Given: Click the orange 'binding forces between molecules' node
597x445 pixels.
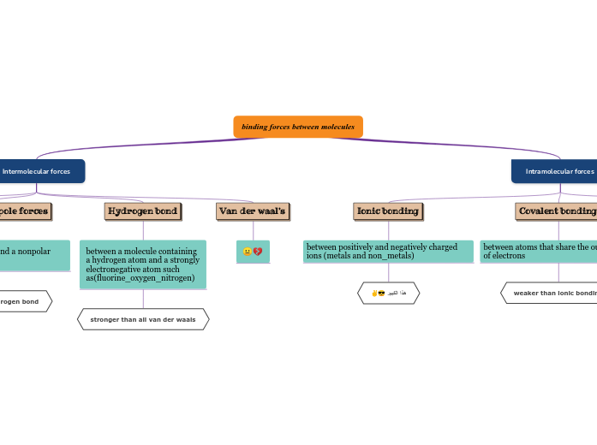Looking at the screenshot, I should click(x=298, y=127).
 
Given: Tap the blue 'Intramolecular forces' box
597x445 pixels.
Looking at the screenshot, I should click(x=557, y=171).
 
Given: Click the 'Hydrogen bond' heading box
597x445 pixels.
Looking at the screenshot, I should click(x=142, y=211).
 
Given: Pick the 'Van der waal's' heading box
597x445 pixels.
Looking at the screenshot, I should click(x=252, y=211).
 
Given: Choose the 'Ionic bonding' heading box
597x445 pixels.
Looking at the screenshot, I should click(x=388, y=211).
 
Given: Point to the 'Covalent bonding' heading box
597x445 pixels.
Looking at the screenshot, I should click(x=557, y=211).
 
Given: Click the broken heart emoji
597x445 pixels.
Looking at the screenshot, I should click(x=258, y=252).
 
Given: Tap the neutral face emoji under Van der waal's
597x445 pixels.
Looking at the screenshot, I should click(x=248, y=252).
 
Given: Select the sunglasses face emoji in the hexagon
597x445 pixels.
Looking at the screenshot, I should click(x=381, y=294).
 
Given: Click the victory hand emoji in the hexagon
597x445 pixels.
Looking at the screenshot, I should click(x=374, y=294).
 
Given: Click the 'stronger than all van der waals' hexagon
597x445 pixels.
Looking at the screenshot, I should click(x=143, y=319).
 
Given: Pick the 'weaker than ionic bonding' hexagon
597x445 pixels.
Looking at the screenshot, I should click(x=553, y=294).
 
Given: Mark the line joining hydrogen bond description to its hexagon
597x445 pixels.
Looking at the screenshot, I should click(x=143, y=299).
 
